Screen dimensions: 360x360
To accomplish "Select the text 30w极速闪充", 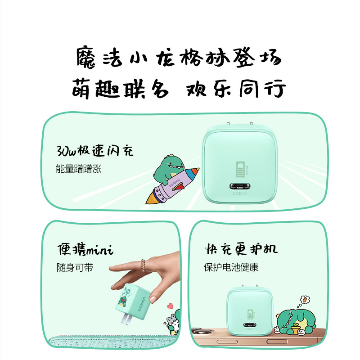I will click(x=94, y=150).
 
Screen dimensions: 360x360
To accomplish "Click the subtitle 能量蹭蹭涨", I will click(x=78, y=169).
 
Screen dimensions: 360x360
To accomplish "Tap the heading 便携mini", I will click(x=85, y=249).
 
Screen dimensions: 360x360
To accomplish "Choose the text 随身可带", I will click(x=75, y=267).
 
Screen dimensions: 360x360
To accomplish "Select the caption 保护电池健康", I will click(x=230, y=267).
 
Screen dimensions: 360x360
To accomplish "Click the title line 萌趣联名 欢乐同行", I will click(x=179, y=89).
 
